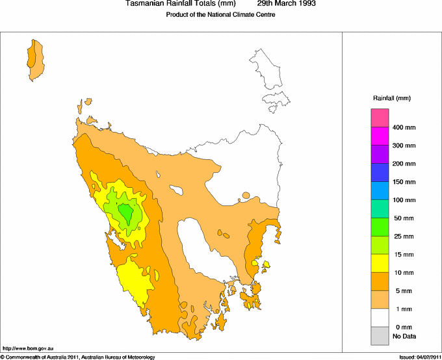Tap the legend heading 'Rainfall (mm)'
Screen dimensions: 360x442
pyautogui.click(x=391, y=98)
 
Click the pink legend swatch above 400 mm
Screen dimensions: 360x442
pyautogui.click(x=380, y=118)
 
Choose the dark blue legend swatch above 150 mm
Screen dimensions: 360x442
pyautogui.click(x=380, y=172)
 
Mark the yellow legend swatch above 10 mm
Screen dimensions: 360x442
pyautogui.click(x=380, y=263)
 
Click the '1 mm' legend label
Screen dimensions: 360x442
pyautogui.click(x=403, y=309)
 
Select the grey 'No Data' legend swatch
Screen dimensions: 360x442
pyautogui.click(x=380, y=335)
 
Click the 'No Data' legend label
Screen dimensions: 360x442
pyautogui.click(x=404, y=336)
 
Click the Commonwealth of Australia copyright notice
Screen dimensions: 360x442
pyautogui.click(x=78, y=357)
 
